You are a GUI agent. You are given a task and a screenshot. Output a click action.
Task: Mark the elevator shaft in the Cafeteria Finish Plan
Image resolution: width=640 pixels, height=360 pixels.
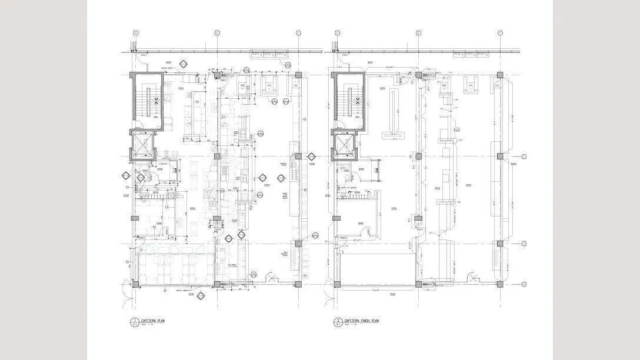coord(344,145)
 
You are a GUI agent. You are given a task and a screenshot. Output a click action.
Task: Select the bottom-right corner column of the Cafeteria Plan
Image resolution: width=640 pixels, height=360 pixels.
coord(298,285)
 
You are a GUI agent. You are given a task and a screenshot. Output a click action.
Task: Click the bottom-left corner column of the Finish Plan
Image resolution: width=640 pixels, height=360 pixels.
coord(336,285)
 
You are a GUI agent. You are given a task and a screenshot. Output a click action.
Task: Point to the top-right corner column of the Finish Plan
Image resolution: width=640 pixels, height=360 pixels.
coord(499,75)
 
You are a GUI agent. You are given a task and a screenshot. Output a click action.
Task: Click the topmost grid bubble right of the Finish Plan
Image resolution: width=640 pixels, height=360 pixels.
coord(524,156)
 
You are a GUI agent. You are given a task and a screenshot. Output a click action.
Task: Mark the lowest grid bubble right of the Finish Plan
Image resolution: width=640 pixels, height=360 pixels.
coord(524,284)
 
